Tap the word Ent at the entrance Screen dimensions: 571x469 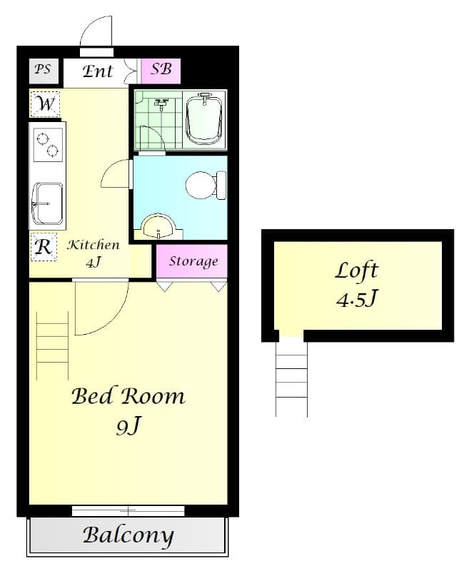98,71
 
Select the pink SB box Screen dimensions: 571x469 161,70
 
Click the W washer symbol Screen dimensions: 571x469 46,104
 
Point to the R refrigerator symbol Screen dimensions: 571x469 44,248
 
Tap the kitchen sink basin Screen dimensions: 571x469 47,201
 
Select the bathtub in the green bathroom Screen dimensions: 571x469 205,117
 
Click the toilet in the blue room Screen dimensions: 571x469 203,186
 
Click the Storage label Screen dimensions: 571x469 193,261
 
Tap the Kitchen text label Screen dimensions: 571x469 94,246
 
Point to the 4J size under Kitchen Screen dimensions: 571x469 94,262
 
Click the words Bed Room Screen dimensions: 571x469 128,395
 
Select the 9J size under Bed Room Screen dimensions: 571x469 128,426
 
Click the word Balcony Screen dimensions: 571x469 128,535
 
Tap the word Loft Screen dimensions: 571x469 356,271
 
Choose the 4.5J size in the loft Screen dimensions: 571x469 356,298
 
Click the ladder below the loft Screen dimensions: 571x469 291,377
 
